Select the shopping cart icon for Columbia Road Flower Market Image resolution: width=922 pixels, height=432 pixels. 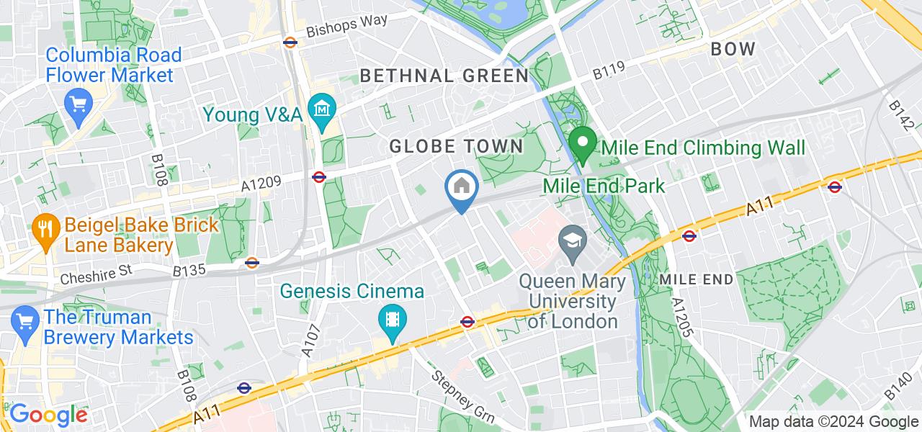pyautogui.click(x=76, y=103)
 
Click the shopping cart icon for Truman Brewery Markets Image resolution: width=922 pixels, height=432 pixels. pyautogui.click(x=24, y=318)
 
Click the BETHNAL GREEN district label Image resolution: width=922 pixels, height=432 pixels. pyautogui.click(x=444, y=76)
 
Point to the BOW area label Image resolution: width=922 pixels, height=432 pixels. pyautogui.click(x=733, y=49)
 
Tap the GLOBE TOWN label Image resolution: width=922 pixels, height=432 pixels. pyautogui.click(x=456, y=146)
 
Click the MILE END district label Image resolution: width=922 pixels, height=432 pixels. pyautogui.click(x=697, y=279)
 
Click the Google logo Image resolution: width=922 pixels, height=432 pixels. pyautogui.click(x=48, y=415)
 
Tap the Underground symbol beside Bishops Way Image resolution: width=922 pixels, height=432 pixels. pyautogui.click(x=290, y=42)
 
